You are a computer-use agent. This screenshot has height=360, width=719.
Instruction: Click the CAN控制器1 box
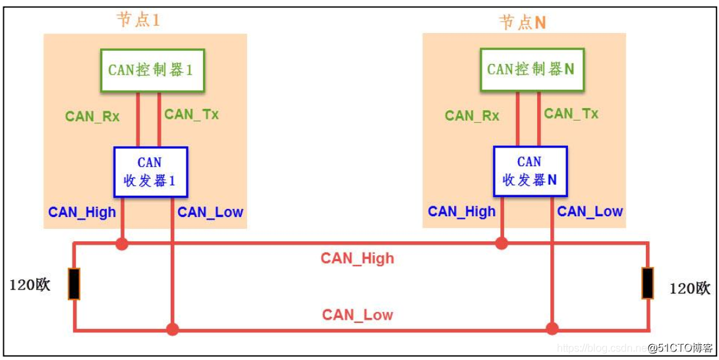(152, 70)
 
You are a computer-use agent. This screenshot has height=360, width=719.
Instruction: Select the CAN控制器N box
(531, 69)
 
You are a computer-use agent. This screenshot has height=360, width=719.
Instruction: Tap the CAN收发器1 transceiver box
(150, 171)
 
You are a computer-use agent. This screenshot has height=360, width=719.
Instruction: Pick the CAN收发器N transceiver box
(530, 171)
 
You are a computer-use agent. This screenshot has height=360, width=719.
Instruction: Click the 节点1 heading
(138, 20)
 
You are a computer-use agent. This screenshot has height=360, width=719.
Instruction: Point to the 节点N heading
(523, 22)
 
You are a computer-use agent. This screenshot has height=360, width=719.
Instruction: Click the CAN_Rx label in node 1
(92, 117)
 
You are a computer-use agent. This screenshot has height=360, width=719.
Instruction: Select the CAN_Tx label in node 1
(191, 114)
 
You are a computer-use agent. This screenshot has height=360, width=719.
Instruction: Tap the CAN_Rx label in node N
(472, 116)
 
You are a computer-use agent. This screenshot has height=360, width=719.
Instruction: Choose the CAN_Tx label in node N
(571, 113)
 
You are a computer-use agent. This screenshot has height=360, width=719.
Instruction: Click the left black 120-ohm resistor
(73, 284)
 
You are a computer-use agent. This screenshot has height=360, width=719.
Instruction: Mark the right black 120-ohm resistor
(648, 284)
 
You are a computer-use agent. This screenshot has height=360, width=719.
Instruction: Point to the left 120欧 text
(30, 286)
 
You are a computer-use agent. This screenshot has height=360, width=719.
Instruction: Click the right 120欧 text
(690, 288)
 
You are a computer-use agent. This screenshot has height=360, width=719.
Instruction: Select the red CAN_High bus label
(357, 258)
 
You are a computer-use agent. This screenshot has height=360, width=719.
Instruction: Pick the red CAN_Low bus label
(357, 315)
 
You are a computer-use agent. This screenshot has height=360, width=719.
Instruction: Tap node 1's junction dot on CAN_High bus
(121, 243)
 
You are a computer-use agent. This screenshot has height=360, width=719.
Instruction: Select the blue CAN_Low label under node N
(590, 212)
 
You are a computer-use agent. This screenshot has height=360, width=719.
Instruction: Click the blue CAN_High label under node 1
(82, 212)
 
